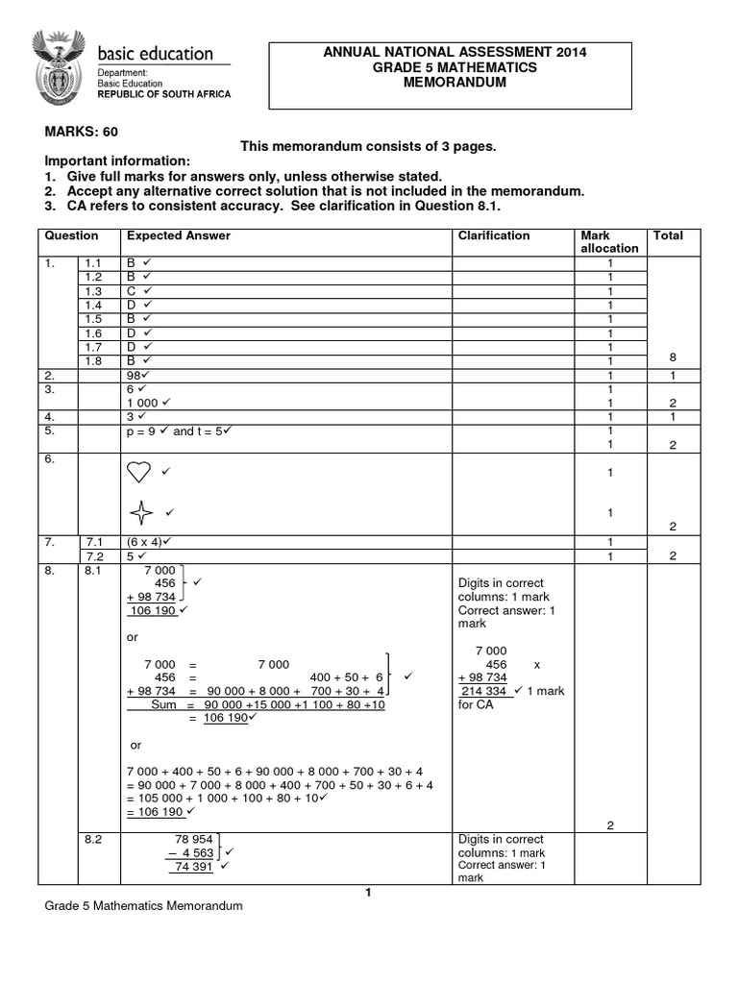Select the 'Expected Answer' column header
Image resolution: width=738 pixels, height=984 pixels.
click(179, 235)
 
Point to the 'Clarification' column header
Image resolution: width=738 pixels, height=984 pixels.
click(493, 235)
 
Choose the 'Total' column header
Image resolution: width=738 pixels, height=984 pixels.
click(668, 235)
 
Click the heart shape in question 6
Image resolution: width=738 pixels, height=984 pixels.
click(139, 472)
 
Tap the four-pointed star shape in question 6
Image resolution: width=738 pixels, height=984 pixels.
click(141, 512)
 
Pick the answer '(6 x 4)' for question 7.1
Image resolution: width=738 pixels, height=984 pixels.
click(145, 542)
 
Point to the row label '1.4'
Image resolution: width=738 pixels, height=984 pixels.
click(93, 305)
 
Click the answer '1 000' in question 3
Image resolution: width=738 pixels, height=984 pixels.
click(142, 403)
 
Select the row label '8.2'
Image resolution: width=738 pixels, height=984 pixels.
click(93, 838)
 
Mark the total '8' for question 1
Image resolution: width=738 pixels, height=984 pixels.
click(673, 357)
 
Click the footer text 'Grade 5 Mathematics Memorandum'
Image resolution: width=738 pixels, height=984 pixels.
click(143, 906)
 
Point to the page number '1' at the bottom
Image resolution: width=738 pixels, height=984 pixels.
click(367, 893)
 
